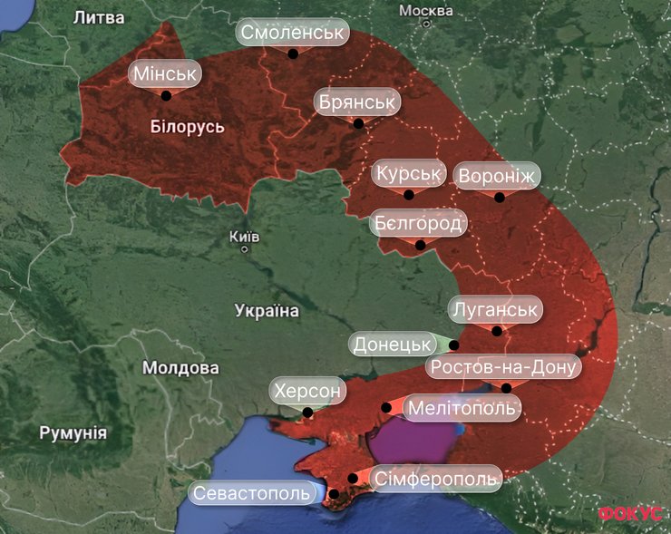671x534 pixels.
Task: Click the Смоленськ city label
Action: click(293, 33)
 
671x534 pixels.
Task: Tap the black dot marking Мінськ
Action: click(166, 94)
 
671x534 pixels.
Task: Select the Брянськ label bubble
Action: click(357, 102)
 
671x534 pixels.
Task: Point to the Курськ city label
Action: click(409, 172)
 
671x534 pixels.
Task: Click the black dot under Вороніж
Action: click(499, 197)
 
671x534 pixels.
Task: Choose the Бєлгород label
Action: click(418, 222)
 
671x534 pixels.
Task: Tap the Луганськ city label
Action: click(496, 309)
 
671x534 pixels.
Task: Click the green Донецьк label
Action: click(392, 345)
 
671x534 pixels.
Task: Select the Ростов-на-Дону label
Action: click(504, 367)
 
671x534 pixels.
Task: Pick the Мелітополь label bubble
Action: click(462, 408)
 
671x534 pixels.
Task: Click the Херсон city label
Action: click(308, 392)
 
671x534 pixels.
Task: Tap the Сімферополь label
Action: click(436, 478)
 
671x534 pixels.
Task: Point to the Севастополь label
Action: click(254, 492)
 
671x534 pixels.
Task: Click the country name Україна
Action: click(267, 311)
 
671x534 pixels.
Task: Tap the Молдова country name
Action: click(180, 368)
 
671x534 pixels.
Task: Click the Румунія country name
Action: click(73, 432)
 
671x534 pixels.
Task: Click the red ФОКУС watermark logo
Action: click(630, 513)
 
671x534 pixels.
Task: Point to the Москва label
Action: click(425, 11)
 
